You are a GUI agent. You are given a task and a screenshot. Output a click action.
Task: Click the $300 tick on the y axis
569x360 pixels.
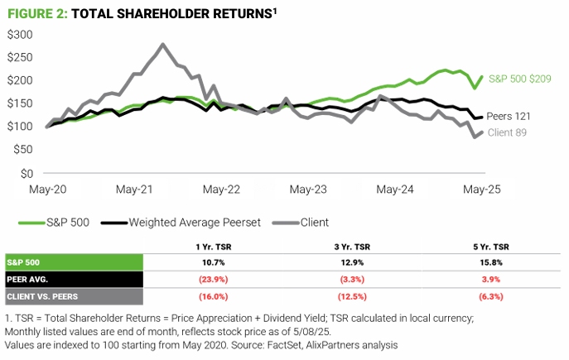pos(20,35)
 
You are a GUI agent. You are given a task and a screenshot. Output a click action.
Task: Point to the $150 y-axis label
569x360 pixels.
pos(20,103)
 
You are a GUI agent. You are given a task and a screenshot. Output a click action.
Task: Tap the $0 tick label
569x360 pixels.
pos(26,173)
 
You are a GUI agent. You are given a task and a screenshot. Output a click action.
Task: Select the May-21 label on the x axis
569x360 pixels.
pos(133,190)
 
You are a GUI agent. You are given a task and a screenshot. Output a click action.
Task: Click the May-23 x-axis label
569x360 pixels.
pos(308,190)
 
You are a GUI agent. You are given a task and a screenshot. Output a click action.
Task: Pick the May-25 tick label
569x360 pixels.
pos(483,190)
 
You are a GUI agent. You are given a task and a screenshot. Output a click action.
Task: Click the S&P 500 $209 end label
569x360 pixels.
pos(520,79)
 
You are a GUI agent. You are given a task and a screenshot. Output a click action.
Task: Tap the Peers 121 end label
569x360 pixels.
pos(508,117)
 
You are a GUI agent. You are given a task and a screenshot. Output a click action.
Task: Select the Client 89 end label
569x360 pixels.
pos(506,132)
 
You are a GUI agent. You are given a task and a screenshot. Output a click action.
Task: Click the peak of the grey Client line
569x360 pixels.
pos(162,45)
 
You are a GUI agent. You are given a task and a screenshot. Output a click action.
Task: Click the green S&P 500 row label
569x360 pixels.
pos(26,262)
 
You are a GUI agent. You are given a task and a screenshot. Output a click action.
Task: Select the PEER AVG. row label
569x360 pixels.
pos(30,279)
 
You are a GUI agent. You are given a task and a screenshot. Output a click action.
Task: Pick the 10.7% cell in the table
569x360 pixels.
pos(208,262)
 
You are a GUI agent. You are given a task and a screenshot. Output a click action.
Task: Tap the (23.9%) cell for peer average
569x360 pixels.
pos(208,279)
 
